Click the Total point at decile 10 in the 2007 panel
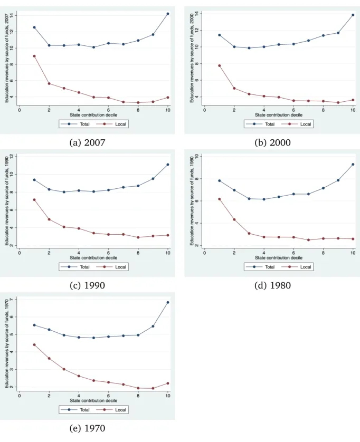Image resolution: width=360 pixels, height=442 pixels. pyautogui.click(x=168, y=14)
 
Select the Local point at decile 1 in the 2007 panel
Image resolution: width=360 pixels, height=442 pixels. pyautogui.click(x=34, y=56)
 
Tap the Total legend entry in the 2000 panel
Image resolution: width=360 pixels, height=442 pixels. pyautogui.click(x=260, y=124)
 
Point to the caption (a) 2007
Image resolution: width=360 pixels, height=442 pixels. pyautogui.click(x=87, y=142)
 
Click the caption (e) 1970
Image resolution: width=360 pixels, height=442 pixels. pyautogui.click(x=87, y=428)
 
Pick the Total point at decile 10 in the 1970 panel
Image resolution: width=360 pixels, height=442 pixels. pyautogui.click(x=168, y=302)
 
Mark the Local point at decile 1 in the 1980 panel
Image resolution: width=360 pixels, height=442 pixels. pyautogui.click(x=220, y=199)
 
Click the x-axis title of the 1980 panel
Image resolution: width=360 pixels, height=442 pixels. pyautogui.click(x=279, y=257)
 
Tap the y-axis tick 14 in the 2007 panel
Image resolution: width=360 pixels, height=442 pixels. pyautogui.click(x=12, y=15)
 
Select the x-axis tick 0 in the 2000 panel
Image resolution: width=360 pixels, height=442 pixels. pyautogui.click(x=205, y=110)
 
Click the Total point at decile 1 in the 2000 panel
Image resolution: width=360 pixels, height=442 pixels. pyautogui.click(x=220, y=35)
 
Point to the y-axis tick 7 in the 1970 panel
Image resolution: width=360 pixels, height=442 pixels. pyautogui.click(x=12, y=300)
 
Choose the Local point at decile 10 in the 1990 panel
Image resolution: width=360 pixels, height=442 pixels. pyautogui.click(x=168, y=235)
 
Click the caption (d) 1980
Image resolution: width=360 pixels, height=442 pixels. pyautogui.click(x=272, y=285)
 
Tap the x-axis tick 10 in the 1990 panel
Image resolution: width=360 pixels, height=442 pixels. pyautogui.click(x=168, y=253)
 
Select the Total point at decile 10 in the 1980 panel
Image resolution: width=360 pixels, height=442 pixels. pyautogui.click(x=353, y=165)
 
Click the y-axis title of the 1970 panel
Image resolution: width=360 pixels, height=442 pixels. pyautogui.click(x=6, y=343)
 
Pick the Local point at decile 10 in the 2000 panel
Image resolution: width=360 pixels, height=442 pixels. pyautogui.click(x=353, y=100)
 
